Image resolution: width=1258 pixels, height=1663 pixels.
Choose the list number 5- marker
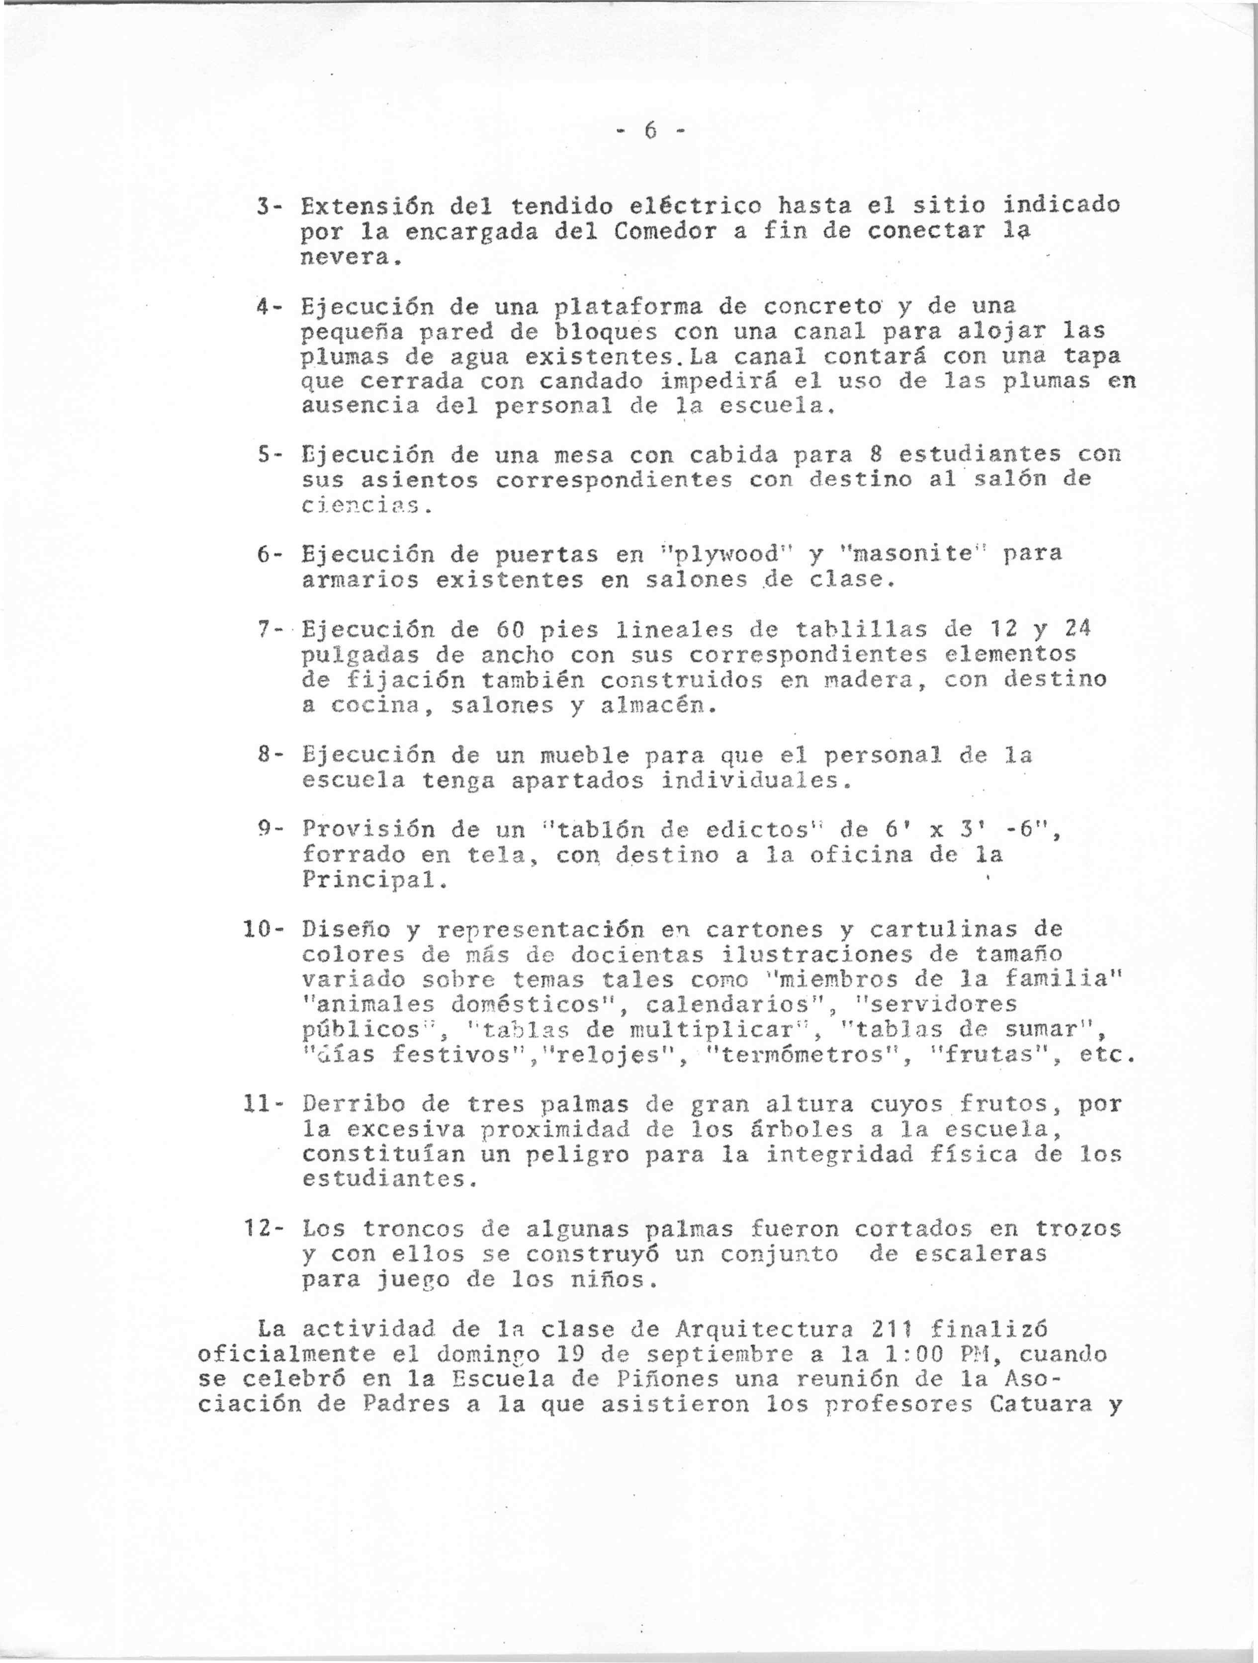(x=269, y=455)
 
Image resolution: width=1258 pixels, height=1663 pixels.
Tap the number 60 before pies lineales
(x=511, y=629)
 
